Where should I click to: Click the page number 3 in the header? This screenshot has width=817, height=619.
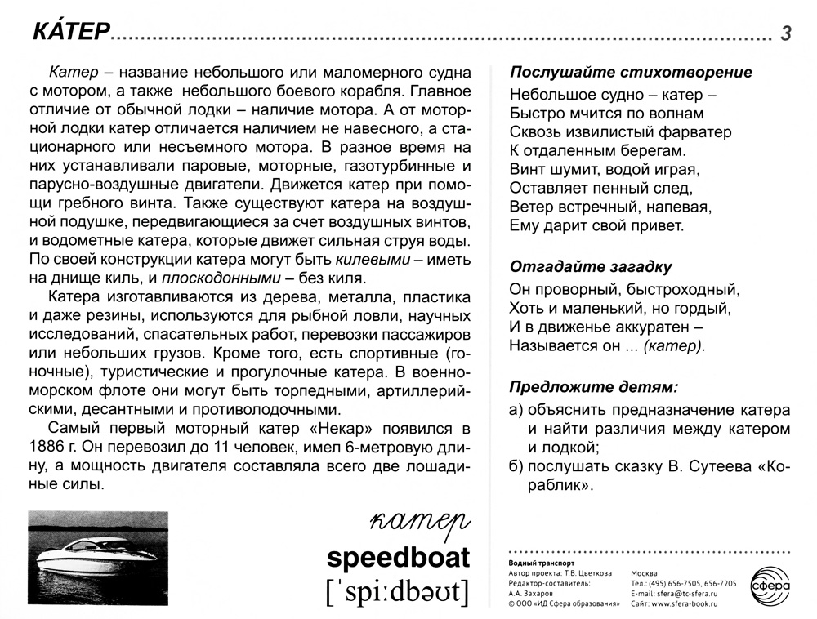tap(786, 33)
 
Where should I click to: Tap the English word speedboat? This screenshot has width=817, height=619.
tap(398, 558)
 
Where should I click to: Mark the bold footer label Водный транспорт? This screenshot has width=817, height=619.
tap(542, 563)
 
